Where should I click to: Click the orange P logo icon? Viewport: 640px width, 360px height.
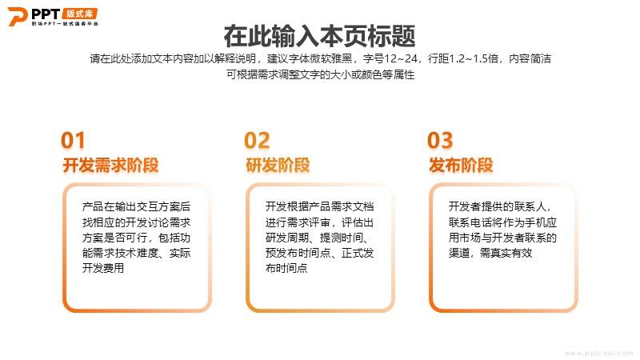pos(17,17)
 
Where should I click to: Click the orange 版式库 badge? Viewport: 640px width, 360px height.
pos(80,14)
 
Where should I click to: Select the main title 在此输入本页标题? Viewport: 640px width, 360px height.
pos(319,36)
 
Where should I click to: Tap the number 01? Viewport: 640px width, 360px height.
pos(73,140)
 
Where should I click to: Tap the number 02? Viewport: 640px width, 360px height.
pos(257,140)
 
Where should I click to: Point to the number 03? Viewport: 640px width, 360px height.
pos(440,140)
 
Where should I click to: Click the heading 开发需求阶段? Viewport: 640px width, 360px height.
pos(110,166)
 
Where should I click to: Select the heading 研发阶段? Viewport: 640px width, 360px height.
pos(278,166)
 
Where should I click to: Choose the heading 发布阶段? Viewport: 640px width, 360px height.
pos(461,166)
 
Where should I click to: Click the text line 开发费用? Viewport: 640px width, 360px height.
pos(103,268)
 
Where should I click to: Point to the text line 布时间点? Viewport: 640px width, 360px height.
pos(286,268)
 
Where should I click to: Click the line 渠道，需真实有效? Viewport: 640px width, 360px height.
pos(490,253)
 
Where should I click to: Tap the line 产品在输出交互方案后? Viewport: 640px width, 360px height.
pos(136,206)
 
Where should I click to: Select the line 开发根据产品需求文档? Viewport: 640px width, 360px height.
pos(319,206)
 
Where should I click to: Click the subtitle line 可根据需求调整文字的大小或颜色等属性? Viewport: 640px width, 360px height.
pos(321,74)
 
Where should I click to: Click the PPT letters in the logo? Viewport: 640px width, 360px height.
pos(46,14)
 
